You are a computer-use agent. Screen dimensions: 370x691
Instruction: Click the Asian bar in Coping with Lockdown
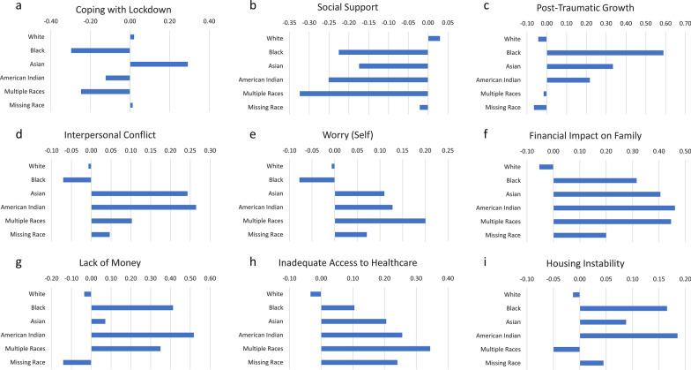159,64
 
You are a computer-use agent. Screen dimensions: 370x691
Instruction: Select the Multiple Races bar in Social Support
363,93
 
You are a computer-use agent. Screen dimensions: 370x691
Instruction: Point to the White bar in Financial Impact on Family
546,166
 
